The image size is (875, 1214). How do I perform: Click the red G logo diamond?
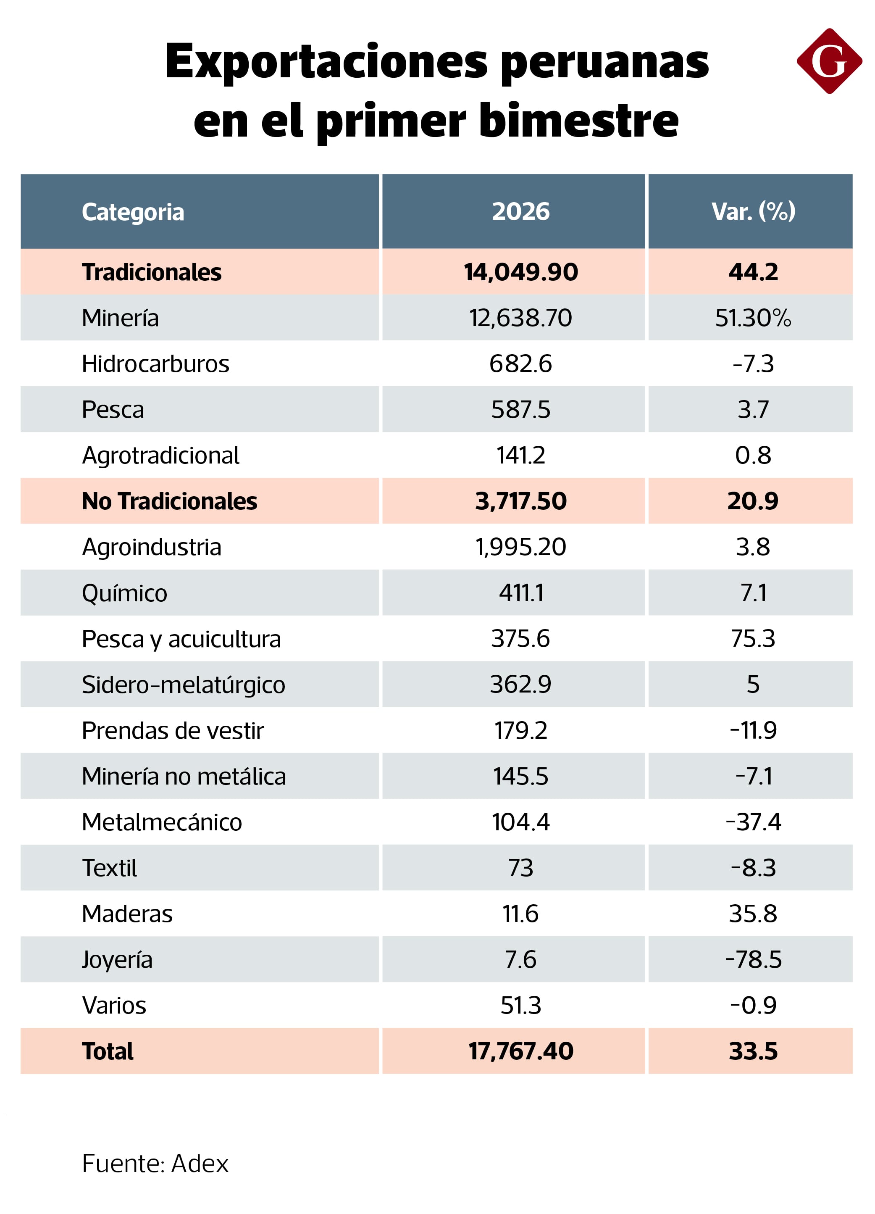pyautogui.click(x=828, y=61)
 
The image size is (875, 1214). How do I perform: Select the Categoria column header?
pyautogui.click(x=133, y=212)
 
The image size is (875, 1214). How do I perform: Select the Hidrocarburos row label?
pyautogui.click(x=155, y=364)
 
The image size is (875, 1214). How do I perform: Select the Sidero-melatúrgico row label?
pyautogui.click(x=183, y=685)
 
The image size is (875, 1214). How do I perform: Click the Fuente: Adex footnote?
pyautogui.click(x=155, y=1164)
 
